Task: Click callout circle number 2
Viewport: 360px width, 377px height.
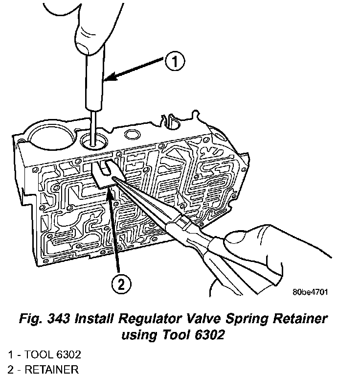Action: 120,283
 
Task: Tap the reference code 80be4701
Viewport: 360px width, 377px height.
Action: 310,292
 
